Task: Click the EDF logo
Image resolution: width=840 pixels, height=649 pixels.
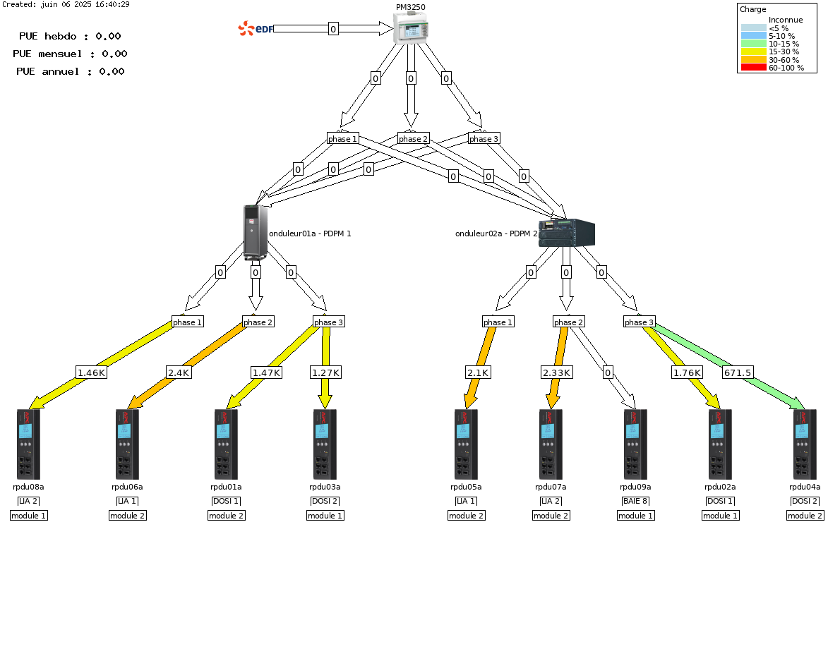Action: coord(256,28)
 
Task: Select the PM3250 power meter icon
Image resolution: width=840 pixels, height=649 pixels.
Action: coord(411,28)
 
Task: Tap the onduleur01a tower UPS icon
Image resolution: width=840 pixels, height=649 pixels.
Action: coord(256,232)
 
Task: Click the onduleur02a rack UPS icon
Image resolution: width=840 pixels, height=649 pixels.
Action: coord(567,233)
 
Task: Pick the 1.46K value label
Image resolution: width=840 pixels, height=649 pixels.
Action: coord(92,372)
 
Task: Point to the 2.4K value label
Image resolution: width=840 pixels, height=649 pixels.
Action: coord(179,372)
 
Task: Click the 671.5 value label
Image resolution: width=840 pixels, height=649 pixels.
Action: coord(738,372)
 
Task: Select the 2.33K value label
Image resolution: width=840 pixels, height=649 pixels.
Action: coord(557,372)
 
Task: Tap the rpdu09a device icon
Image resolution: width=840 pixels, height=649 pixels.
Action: coord(635,444)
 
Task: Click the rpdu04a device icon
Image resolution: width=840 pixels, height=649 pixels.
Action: coord(805,444)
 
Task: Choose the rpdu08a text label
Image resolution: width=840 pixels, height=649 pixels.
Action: coord(28,487)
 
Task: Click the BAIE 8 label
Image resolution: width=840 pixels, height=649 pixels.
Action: coord(635,501)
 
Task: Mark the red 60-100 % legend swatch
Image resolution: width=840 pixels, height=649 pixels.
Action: coord(754,68)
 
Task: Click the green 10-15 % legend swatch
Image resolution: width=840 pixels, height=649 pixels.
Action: coord(754,44)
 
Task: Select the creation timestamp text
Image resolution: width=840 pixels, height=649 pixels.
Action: coord(66,4)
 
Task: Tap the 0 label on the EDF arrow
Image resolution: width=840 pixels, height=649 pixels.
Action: coord(333,29)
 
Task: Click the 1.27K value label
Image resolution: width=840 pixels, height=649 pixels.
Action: coord(325,372)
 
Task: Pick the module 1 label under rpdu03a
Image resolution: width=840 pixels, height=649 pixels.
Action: coord(325,516)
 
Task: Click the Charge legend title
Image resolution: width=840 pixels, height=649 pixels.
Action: coord(752,9)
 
